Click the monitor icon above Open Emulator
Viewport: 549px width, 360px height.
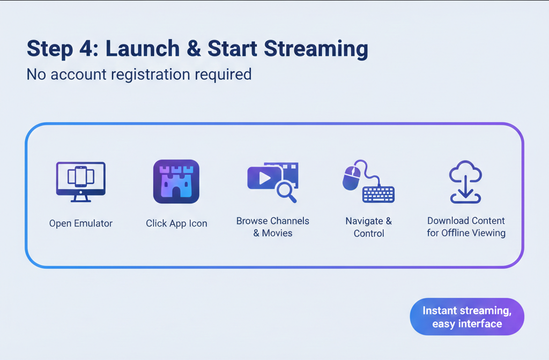81,182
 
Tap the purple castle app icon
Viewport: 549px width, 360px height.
176,182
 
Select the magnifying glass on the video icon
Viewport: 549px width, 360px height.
286,192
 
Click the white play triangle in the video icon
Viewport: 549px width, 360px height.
265,178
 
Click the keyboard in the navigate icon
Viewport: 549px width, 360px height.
379,194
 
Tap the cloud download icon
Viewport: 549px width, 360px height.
465,182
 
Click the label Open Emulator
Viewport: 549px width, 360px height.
81,223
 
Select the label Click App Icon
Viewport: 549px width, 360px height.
176,223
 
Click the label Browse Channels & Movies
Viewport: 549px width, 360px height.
273,227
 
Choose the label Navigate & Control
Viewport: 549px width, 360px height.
369,227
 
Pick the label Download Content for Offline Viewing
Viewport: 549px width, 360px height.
466,227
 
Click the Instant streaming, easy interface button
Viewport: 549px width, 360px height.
467,317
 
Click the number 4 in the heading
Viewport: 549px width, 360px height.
86,48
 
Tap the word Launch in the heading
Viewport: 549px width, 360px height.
143,48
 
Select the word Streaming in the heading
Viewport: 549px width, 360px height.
316,49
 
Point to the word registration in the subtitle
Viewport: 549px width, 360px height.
150,74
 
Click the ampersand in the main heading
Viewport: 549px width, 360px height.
194,48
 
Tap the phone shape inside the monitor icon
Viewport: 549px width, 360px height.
81,176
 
